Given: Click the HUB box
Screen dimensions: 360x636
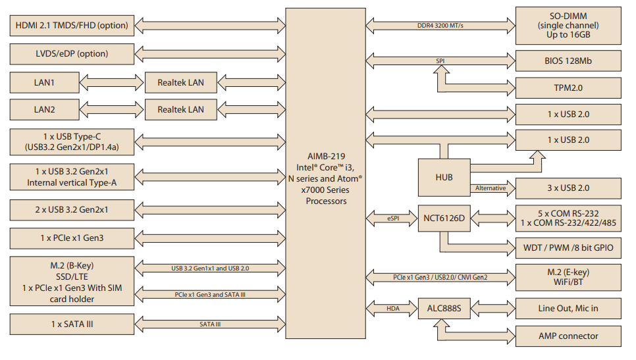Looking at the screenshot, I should click(x=444, y=177).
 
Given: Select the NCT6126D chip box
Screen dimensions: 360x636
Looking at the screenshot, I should click(x=444, y=219).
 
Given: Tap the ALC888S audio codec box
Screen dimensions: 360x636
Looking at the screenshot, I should click(x=444, y=307).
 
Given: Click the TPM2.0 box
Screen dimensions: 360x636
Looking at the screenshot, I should click(x=568, y=87).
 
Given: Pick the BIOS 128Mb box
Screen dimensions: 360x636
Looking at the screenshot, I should click(x=568, y=61).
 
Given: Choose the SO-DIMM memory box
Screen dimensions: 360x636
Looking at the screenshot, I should click(x=568, y=26).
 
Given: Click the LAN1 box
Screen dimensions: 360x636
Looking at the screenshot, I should click(x=44, y=83).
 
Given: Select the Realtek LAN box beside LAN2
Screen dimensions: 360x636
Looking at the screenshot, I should click(x=180, y=109).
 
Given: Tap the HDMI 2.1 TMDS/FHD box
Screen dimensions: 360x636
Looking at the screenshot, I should click(x=71, y=26).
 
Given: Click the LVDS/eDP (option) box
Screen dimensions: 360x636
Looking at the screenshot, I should click(x=71, y=54).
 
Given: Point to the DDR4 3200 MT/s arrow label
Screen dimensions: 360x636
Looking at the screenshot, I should click(x=440, y=26).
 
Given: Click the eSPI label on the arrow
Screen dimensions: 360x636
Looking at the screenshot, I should click(x=392, y=219).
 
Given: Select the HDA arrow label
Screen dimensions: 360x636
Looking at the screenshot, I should click(x=392, y=307).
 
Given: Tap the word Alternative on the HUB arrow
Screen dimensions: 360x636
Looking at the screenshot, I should click(x=490, y=188).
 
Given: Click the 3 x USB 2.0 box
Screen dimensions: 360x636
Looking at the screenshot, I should click(x=568, y=188).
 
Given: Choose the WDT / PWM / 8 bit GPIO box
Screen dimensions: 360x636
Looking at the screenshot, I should click(x=568, y=247).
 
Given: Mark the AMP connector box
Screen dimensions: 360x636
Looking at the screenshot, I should click(x=568, y=336).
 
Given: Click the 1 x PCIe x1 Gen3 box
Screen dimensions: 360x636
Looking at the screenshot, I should click(x=71, y=237).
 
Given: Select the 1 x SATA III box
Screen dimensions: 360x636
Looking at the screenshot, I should click(x=71, y=324).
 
